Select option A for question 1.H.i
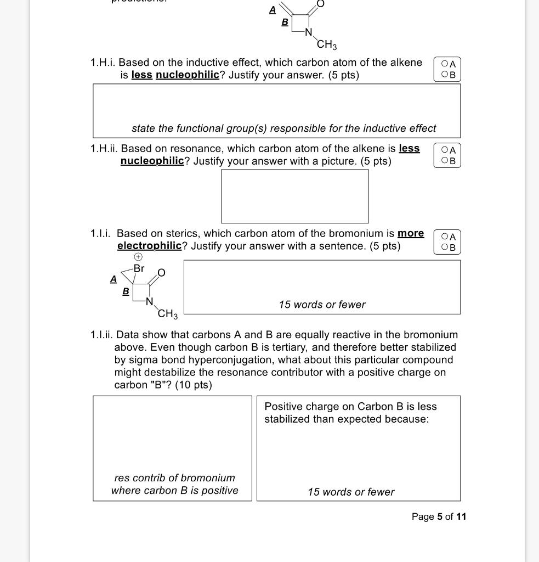click(444, 64)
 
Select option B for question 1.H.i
click(444, 75)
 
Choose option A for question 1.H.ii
click(444, 150)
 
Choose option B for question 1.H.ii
click(444, 161)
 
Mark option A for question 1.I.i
click(444, 237)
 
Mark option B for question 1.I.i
click(444, 248)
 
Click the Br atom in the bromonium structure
click(139, 268)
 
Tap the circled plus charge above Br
click(138, 257)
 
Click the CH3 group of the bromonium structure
click(168, 314)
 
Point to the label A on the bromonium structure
click(114, 279)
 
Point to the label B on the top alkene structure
click(285, 22)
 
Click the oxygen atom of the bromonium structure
click(161, 273)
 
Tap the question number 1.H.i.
click(103, 63)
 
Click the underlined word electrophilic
click(149, 246)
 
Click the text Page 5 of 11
click(439, 516)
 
